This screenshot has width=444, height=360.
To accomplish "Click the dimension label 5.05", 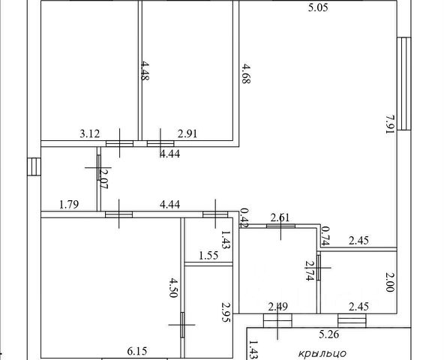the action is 318,7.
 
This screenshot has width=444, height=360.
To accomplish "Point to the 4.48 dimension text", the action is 145,70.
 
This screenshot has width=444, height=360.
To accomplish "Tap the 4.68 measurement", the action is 246,73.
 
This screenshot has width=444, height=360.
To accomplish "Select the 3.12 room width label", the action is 90,133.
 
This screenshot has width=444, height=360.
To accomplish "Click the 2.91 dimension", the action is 187,133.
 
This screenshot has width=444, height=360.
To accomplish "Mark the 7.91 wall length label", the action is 390,124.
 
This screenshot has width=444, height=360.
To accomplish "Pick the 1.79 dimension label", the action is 69,204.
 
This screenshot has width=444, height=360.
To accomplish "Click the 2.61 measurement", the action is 280,217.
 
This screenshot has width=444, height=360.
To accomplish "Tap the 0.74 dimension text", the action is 325,235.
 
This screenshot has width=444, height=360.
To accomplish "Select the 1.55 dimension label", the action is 208,256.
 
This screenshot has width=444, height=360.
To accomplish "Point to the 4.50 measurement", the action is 173,288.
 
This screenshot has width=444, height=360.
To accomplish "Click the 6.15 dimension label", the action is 137,351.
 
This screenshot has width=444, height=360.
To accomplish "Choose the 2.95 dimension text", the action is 226,313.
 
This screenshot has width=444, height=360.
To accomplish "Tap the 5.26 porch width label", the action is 328,334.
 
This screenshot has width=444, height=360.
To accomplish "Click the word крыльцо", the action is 322,353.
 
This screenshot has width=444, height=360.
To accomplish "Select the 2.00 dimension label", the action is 390,282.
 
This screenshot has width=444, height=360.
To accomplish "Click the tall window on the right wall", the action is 404,83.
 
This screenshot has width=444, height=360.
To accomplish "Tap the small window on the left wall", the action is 34,166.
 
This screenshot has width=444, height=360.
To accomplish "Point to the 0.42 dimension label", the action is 244,217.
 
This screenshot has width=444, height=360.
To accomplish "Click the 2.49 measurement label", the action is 278,307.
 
